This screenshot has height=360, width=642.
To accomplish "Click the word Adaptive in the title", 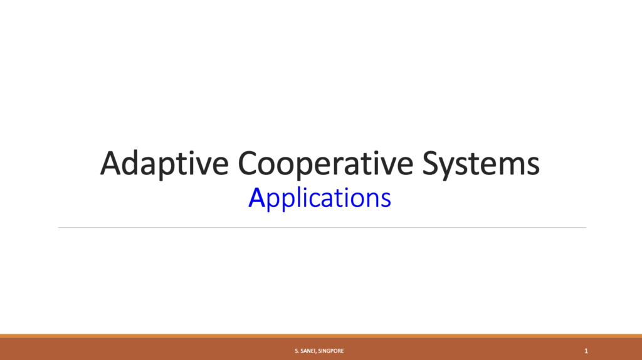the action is pyautogui.click(x=164, y=164).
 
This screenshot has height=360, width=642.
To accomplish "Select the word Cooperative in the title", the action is pyautogui.click(x=325, y=164).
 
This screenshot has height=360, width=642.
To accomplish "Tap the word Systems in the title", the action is pyautogui.click(x=481, y=164).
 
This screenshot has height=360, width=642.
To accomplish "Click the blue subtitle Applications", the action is pyautogui.click(x=319, y=199).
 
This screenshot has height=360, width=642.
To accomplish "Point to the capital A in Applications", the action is pyautogui.click(x=256, y=198).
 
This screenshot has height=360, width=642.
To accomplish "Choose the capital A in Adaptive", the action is pyautogui.click(x=113, y=163).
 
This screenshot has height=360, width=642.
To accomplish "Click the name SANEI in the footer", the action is pyautogui.click(x=308, y=351).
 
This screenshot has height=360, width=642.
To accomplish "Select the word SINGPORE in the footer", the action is pyautogui.click(x=331, y=351).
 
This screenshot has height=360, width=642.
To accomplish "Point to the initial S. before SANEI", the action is pyautogui.click(x=297, y=351).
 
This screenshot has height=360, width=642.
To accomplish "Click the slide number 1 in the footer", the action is pyautogui.click(x=586, y=351).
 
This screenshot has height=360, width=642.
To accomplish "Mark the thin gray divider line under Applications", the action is pyautogui.click(x=322, y=227).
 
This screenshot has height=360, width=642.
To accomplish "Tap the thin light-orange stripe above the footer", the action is pyautogui.click(x=321, y=336).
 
